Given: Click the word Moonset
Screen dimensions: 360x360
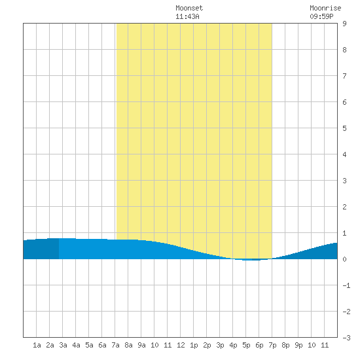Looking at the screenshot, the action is coord(189,8).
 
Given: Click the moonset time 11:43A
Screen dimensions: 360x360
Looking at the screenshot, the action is coord(187,16).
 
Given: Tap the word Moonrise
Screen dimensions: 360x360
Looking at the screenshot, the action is coord(325,8).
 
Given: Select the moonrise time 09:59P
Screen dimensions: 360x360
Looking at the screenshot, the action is coord(321,16).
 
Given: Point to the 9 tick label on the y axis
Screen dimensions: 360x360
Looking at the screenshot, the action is coord(344,24).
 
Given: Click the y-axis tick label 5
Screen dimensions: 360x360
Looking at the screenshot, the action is coord(344,128).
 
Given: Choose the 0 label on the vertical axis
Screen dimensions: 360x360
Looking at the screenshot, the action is coord(344,259).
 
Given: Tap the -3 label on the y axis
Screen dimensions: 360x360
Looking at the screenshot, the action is coord(346,338).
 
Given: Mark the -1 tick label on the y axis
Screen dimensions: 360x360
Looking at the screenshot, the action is coord(346,285).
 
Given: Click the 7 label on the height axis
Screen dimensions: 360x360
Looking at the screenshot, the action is coord(344,76).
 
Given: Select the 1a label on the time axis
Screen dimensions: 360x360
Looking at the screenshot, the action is coord(37,345).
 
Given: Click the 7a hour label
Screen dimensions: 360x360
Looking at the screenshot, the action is coord(115,345).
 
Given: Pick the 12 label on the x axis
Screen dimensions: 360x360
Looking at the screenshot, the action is coord(181,345).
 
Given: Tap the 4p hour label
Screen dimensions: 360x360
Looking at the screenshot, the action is coord(233,345).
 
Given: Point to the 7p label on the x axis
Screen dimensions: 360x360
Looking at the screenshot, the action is coord(272,345).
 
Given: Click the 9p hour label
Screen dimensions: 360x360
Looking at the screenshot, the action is coord(298,345).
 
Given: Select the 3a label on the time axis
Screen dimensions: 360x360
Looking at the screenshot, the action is coord(63,345).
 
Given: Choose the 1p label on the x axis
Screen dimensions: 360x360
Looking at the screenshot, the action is coord(194,345).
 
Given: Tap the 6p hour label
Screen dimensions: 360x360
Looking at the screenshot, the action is coord(259,345).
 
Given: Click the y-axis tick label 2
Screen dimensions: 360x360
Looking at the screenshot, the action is coord(344,207).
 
